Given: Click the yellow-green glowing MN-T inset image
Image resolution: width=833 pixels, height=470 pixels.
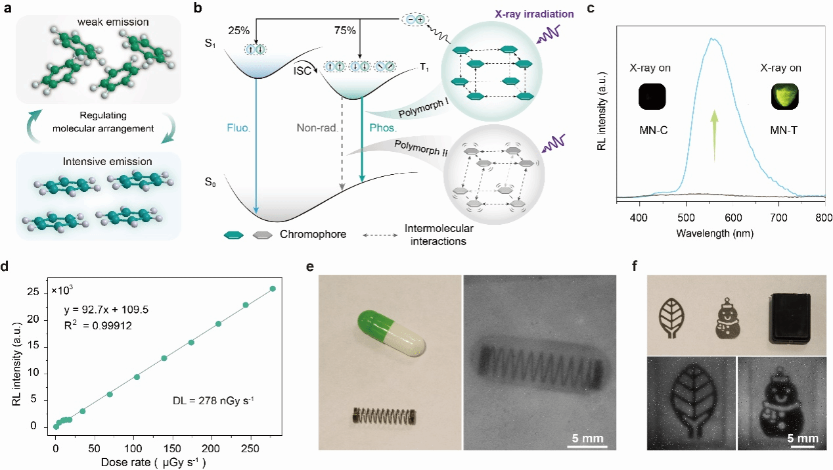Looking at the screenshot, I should pyautogui.click(x=785, y=99).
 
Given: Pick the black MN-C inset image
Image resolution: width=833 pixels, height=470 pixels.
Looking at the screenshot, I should pyautogui.click(x=651, y=99).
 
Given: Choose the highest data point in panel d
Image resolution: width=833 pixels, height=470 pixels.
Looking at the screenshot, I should pyautogui.click(x=273, y=289).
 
